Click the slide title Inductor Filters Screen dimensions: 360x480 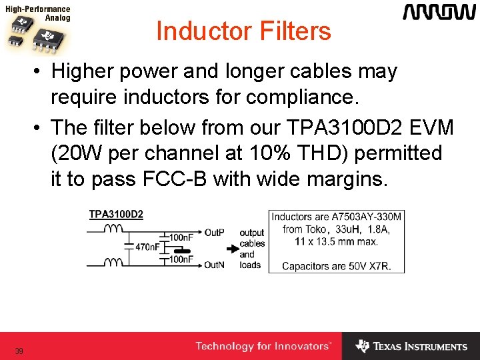click(x=243, y=31)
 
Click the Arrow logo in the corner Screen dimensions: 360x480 click(x=439, y=13)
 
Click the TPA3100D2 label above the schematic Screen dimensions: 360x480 click(x=116, y=215)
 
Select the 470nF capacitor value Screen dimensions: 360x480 click(x=147, y=247)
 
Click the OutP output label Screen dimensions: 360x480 click(x=214, y=233)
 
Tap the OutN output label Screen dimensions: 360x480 click(x=214, y=265)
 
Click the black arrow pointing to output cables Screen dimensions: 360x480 click(x=232, y=249)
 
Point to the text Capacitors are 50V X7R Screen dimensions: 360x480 click(x=336, y=266)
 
